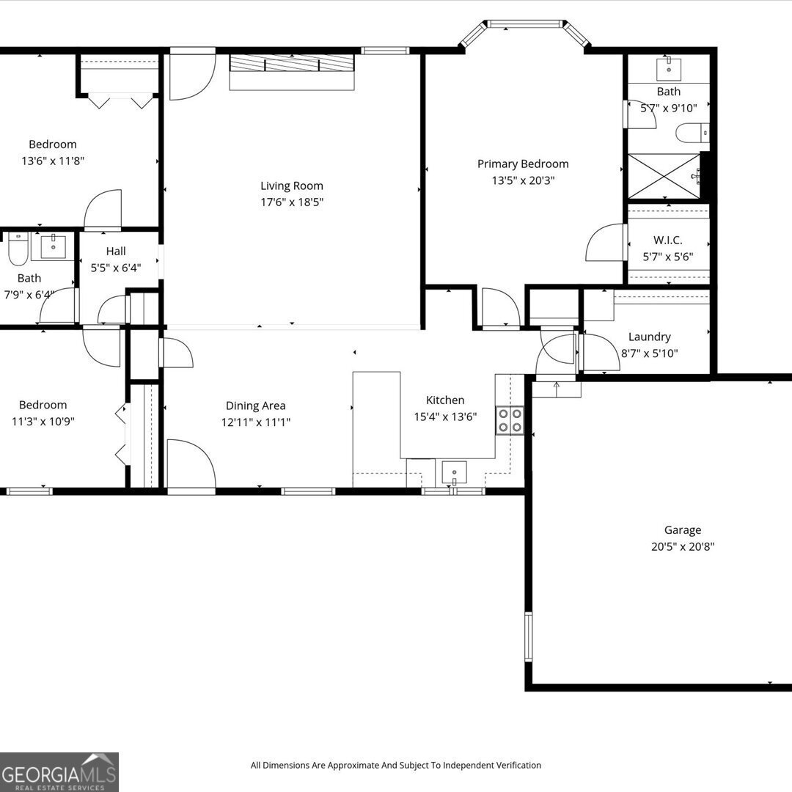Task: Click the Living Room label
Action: pos(292,186)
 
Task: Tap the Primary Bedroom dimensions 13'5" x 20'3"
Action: pos(523,180)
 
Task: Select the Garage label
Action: pos(682,530)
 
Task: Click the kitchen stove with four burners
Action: pos(510,419)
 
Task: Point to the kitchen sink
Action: pos(454,473)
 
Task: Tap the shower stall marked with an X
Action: pos(664,176)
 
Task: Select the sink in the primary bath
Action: pos(668,69)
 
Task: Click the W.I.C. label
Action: pos(667,241)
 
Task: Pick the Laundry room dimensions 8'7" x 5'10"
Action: pos(649,353)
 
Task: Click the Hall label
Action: pos(116,252)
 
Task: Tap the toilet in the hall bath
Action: pos(18,249)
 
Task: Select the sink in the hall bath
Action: pos(53,247)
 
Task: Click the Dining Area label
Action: pos(255,406)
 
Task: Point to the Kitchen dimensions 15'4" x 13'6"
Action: pos(445,417)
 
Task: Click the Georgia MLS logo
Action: pos(59,771)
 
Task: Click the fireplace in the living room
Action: pos(292,71)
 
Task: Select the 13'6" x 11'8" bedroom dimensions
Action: pos(53,161)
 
